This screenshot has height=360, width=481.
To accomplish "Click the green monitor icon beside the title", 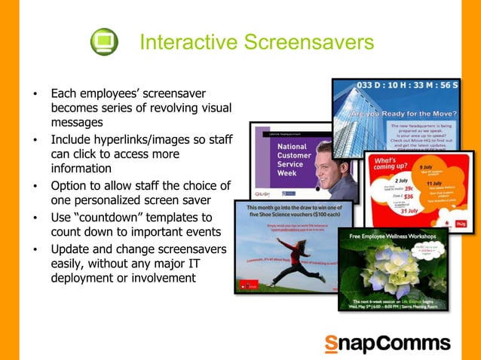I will [x=104, y=41].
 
